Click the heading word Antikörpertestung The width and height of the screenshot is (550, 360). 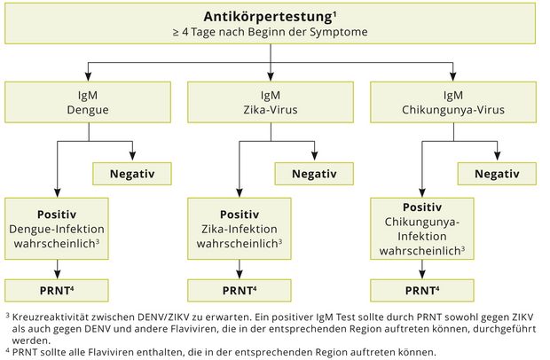(x=268, y=17)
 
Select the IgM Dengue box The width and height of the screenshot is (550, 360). (x=88, y=102)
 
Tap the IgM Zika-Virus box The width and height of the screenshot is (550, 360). (x=271, y=102)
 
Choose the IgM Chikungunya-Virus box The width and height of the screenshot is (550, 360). (x=453, y=102)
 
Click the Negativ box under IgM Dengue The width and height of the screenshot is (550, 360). (x=132, y=174)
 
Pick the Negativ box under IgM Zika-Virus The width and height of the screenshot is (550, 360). (x=314, y=174)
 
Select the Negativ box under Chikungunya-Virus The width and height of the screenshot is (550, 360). (x=497, y=174)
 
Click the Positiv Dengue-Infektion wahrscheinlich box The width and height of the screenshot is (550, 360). (x=57, y=229)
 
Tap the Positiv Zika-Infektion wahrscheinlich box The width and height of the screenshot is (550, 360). (x=240, y=229)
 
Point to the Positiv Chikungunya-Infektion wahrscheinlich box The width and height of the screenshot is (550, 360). (x=422, y=229)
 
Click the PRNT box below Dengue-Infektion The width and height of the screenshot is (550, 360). (x=57, y=290)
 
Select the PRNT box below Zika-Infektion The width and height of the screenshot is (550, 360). (x=240, y=290)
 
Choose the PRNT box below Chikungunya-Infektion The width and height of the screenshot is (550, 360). (x=422, y=290)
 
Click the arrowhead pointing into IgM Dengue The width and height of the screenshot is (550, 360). (x=89, y=77)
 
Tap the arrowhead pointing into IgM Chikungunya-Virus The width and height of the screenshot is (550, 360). (x=453, y=77)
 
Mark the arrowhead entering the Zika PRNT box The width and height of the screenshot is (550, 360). (x=240, y=274)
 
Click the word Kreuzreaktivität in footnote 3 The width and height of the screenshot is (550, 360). (x=49, y=317)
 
